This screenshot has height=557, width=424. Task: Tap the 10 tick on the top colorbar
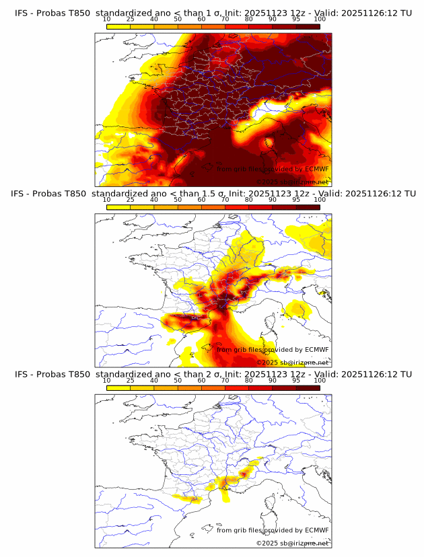(107, 19)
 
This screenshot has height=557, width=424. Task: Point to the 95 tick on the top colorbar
(296, 19)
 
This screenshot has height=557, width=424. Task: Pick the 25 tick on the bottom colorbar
(131, 380)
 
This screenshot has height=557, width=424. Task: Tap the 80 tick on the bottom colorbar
(249, 380)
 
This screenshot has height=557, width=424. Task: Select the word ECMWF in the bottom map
(317, 530)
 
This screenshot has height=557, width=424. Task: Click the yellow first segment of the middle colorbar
(118, 207)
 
